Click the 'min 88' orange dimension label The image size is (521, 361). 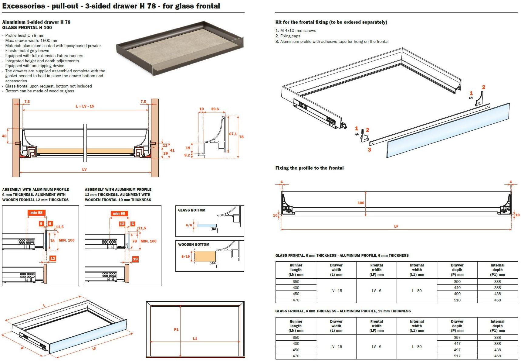(36, 213)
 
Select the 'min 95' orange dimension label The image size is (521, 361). (119, 214)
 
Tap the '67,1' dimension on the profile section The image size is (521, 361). (233, 134)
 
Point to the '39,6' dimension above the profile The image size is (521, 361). (215, 109)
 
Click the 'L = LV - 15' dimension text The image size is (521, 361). (85, 106)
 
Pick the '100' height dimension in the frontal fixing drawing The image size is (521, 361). (361, 203)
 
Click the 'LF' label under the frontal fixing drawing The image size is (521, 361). (396, 226)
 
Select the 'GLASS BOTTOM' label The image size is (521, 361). (191, 210)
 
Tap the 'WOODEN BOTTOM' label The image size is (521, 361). (194, 245)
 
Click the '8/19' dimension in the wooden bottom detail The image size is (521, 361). (185, 256)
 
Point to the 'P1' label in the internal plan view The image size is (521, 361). (176, 330)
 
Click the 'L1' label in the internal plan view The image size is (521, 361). (195, 339)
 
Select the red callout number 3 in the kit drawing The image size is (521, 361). (369, 150)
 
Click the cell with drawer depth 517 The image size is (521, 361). (457, 356)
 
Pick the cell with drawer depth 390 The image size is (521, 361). (457, 282)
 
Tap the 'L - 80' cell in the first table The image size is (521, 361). (417, 291)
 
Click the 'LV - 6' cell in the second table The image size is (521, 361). (376, 347)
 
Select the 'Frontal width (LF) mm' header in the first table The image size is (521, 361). (376, 270)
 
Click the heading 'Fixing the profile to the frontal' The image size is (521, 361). (309, 168)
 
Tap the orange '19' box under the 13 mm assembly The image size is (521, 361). (135, 259)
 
